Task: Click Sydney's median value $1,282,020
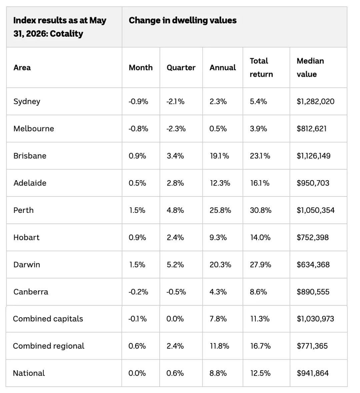(315, 102)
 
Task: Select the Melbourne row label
(34, 129)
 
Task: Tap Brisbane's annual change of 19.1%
(220, 156)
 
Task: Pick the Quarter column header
(181, 68)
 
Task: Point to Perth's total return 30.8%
(260, 210)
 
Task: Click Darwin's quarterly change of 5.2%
(175, 265)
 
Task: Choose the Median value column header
(310, 67)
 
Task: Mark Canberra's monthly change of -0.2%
(138, 292)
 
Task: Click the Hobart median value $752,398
(313, 237)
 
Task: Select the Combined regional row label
(48, 346)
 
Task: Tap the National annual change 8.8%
(218, 373)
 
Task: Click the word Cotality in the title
(66, 34)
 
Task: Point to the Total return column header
(261, 67)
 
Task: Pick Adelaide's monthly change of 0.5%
(137, 183)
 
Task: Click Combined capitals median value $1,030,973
(315, 319)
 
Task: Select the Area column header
(22, 68)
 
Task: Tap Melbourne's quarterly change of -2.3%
(176, 129)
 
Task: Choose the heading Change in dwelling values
(183, 20)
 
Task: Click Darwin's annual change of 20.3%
(220, 265)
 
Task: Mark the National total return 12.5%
(260, 373)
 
